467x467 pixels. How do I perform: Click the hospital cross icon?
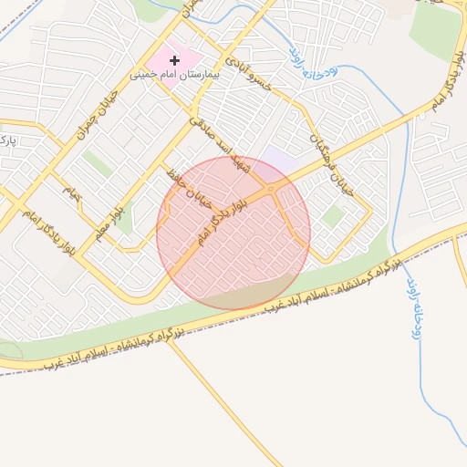[x=174, y=60]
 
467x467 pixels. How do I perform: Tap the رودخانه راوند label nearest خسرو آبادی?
[x=303, y=63]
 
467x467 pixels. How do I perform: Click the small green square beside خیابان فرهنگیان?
[x=333, y=216]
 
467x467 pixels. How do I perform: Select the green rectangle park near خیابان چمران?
[x=97, y=163]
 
